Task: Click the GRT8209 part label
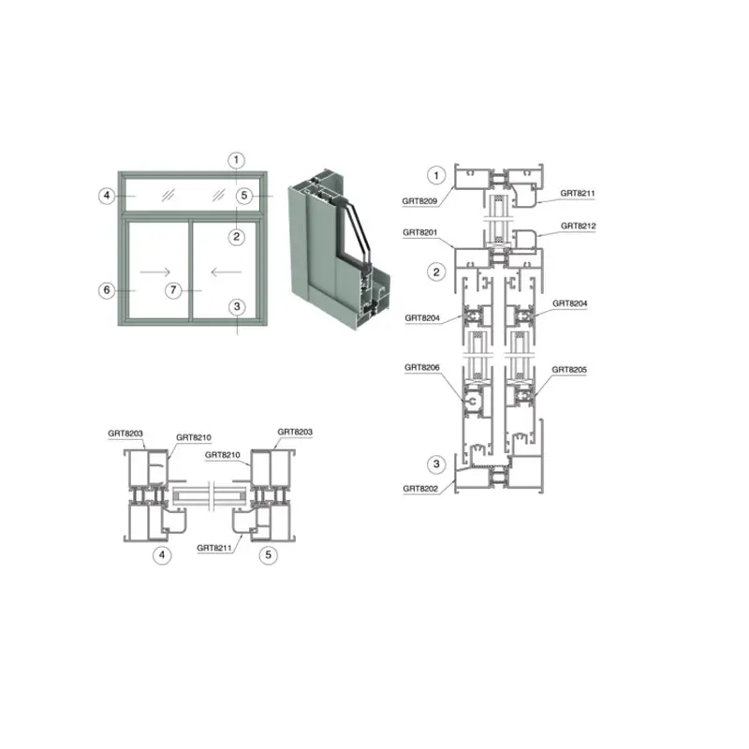pos(419,201)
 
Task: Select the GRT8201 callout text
pos(419,232)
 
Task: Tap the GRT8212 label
pos(578,226)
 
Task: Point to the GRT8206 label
pos(422,367)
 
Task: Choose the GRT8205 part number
pos(569,370)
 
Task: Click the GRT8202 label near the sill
pos(420,489)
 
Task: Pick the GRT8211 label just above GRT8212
pos(578,193)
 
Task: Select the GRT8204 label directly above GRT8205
pos(570,303)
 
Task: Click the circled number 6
pos(107,290)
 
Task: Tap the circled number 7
pos(173,290)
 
